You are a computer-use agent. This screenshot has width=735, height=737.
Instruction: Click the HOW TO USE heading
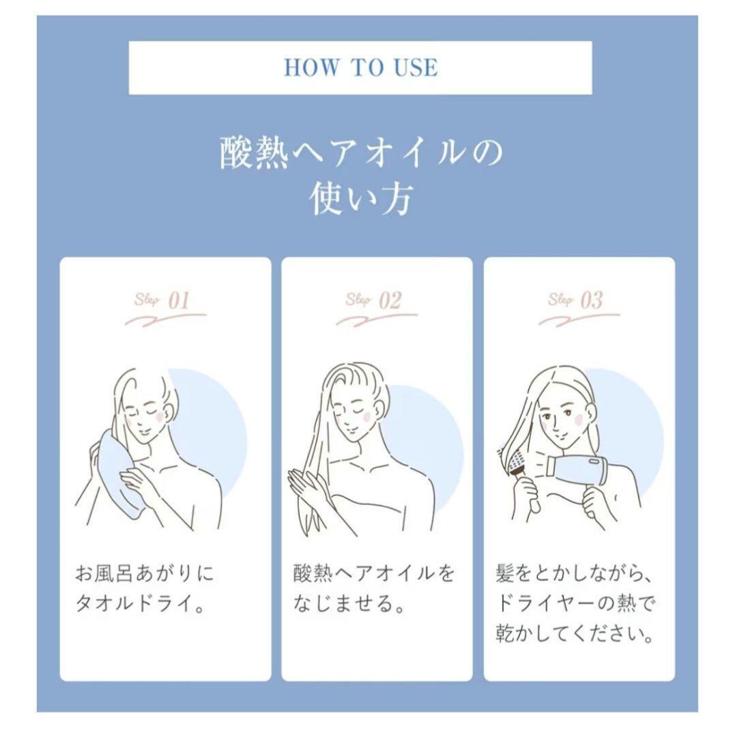coord(360,68)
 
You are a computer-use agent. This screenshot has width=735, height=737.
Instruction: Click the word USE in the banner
coord(412,68)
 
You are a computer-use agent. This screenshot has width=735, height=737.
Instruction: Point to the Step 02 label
coord(374,301)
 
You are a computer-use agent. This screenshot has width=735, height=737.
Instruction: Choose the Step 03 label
coord(576,301)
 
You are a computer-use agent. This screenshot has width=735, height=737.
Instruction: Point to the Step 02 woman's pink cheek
coord(365,414)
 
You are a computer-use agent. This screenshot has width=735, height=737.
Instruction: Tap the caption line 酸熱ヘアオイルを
coord(373,574)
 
